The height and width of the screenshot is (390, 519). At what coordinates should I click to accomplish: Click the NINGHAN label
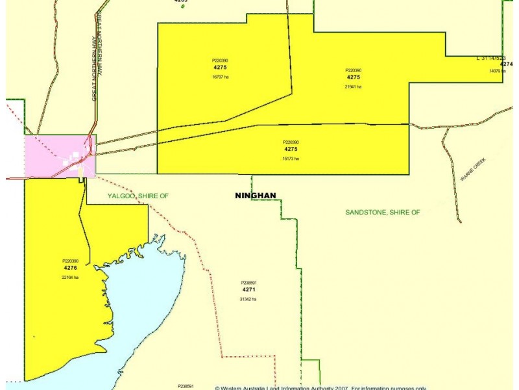click(255, 195)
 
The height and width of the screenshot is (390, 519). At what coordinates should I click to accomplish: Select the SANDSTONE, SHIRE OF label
click(382, 212)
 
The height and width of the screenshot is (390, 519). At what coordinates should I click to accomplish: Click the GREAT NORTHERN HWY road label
click(95, 68)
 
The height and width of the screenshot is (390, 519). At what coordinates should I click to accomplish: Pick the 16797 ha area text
click(220, 77)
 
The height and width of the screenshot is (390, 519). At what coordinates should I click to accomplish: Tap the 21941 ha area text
click(353, 86)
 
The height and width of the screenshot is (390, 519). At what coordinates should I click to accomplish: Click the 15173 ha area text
click(291, 159)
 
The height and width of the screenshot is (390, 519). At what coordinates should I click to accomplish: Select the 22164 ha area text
click(70, 278)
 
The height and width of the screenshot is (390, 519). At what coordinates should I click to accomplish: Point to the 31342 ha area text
click(248, 299)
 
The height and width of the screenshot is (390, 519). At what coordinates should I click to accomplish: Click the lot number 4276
click(70, 268)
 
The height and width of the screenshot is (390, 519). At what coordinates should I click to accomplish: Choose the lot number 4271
click(248, 289)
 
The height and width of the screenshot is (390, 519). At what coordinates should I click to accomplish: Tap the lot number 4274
click(506, 64)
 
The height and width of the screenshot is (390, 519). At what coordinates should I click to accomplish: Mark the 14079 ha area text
click(497, 71)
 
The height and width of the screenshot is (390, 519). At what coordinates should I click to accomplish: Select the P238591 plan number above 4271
click(248, 283)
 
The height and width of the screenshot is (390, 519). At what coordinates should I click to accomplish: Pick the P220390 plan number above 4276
click(70, 261)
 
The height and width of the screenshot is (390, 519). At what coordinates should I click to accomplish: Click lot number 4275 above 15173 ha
click(291, 149)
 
